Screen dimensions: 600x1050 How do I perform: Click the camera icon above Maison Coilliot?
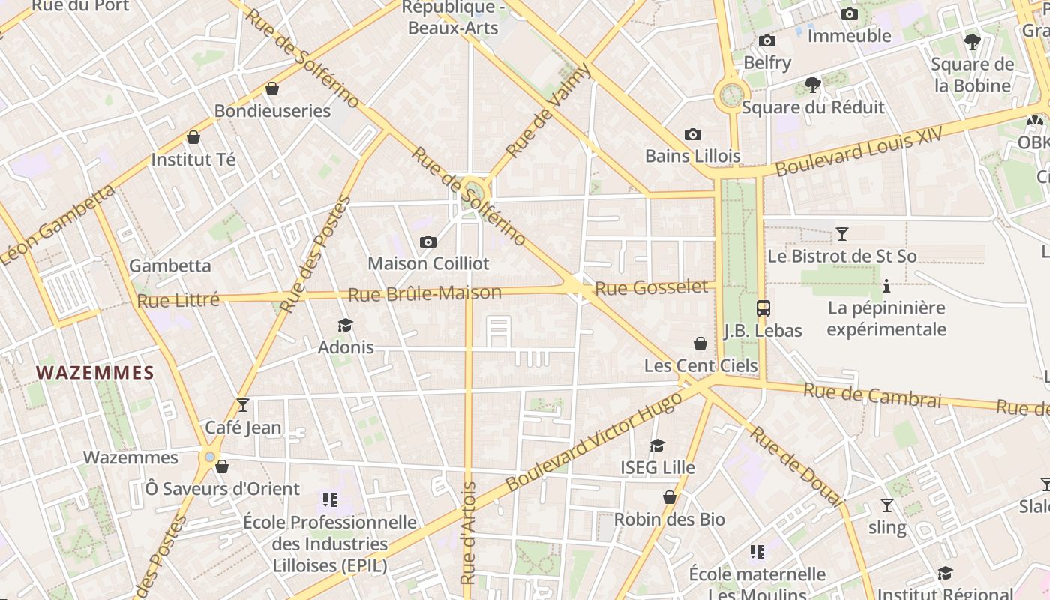pos(428,241)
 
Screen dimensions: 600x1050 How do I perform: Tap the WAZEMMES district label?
pos(95,373)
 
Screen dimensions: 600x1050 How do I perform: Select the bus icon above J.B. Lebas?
pos(763,307)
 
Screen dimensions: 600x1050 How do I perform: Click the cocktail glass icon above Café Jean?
pos(243,405)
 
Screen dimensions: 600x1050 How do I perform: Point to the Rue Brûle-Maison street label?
pos(425,293)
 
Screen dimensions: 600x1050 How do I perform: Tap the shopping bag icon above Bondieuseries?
pos(272,88)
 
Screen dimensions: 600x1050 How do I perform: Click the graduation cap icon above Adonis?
pos(345,325)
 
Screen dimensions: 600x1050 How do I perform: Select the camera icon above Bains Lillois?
pos(693,135)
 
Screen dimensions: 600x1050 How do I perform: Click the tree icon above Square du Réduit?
pos(812,85)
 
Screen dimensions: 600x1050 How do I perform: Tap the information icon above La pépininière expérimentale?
pos(886,286)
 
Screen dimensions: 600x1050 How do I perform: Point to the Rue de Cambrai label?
pos(872,394)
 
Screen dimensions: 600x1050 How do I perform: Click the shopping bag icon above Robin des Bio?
pos(670,497)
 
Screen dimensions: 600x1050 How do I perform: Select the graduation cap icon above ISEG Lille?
pos(658,445)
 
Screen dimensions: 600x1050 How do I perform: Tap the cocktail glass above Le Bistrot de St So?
pos(842,233)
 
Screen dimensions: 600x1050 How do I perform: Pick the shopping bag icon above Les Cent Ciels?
pos(700,343)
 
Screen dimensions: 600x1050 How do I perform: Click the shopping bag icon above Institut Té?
pos(193,137)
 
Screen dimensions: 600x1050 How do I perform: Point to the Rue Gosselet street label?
pos(651,287)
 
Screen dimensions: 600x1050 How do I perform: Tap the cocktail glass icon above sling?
pos(887,505)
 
